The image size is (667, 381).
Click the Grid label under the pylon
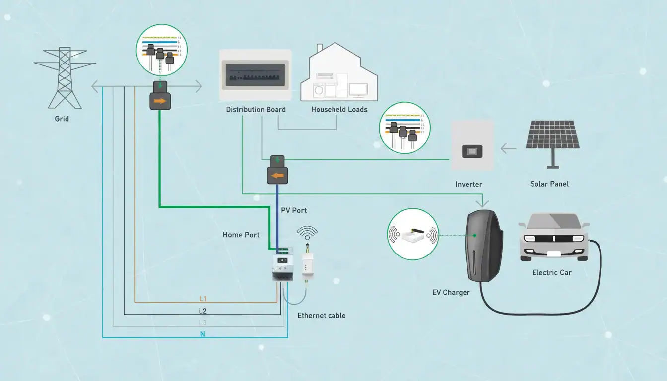(x=62, y=119)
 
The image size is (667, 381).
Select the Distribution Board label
(x=256, y=109)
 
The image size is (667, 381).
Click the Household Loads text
(x=339, y=109)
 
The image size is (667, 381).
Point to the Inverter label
(x=468, y=184)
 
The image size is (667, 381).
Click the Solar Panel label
(x=549, y=184)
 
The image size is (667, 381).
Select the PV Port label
(x=294, y=210)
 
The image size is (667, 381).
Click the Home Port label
(x=241, y=235)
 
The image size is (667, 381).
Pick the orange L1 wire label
(x=203, y=299)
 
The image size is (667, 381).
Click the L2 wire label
(x=202, y=311)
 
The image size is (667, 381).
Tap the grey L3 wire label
(x=202, y=323)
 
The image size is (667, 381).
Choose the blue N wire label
(x=202, y=335)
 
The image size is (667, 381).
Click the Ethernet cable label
(x=321, y=315)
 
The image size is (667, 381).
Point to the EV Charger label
(x=451, y=292)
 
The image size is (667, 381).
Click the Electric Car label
(x=552, y=272)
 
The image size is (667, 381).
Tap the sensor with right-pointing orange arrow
(x=160, y=101)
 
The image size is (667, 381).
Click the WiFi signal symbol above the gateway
(x=307, y=232)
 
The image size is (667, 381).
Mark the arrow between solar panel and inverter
(x=509, y=147)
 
